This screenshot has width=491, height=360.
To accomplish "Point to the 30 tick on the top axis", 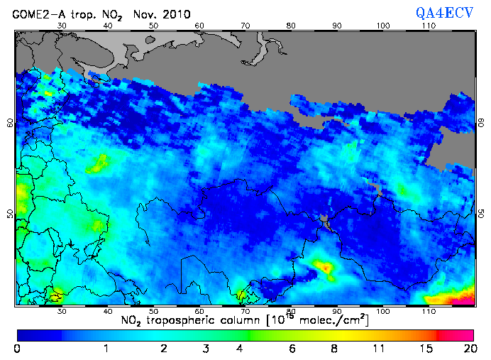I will [x=62, y=26].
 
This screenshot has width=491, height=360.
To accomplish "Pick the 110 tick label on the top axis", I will [x=429, y=26].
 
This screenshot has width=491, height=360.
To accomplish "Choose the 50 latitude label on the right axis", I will [x=481, y=213].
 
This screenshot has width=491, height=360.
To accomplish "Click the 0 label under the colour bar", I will [x=17, y=349].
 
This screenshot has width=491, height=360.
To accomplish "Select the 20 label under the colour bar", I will [x=468, y=349].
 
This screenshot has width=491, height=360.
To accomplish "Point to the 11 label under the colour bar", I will [x=380, y=349].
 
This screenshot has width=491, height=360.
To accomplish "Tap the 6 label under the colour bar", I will [x=291, y=349].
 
